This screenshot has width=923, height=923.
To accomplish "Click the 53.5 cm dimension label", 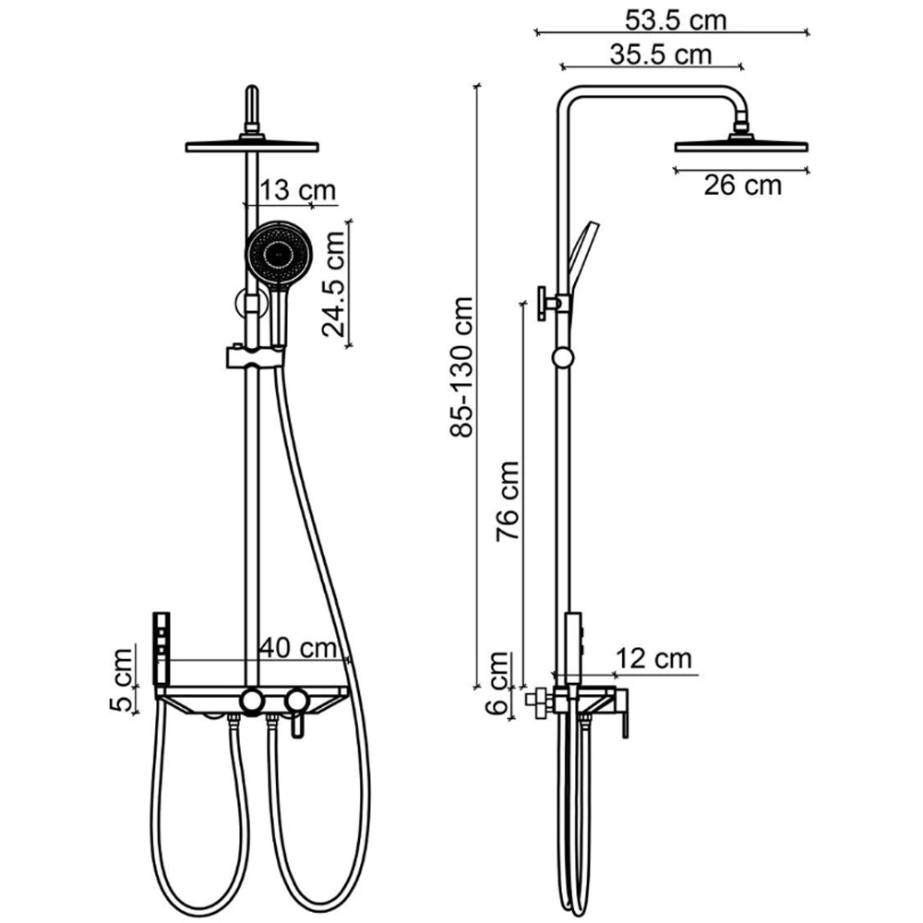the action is click(676, 20).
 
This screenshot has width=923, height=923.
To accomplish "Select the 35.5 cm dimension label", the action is click(661, 54).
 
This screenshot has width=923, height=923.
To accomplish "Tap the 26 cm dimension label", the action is click(742, 186).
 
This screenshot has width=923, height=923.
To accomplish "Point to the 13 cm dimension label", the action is click(298, 190).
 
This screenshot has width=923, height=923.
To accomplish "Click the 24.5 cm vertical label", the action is click(333, 283).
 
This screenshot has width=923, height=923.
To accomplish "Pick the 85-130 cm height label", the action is click(461, 366).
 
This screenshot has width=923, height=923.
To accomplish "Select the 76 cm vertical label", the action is click(508, 501).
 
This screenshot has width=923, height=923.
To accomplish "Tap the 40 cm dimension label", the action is click(298, 648).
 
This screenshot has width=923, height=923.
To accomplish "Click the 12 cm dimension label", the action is click(653, 658).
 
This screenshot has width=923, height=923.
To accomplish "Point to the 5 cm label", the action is click(122, 680).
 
